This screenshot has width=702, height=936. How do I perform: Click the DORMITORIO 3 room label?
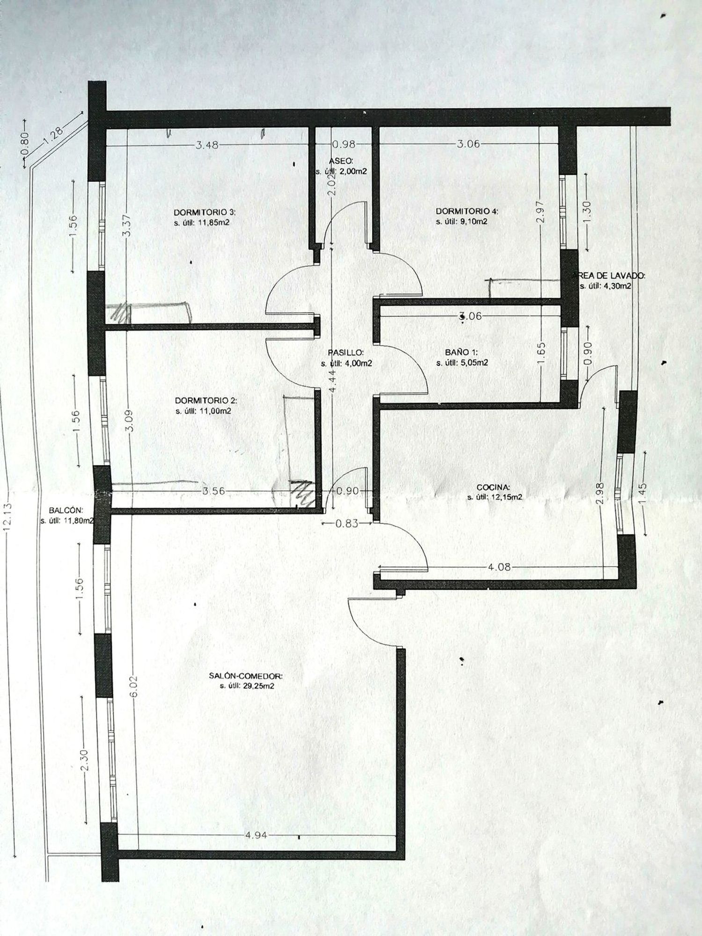pos(205,212)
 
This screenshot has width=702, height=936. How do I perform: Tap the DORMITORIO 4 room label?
pos(467,211)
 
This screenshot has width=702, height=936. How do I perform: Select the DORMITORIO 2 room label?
pos(206,401)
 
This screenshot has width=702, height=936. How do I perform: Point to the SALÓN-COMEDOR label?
pos(246,676)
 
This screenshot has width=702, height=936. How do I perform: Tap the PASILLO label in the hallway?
pos(346,353)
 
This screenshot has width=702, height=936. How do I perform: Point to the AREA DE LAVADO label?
pos(608,276)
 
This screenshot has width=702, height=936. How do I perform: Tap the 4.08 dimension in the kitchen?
pos(498,567)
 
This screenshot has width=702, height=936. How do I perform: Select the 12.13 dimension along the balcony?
pos(7,518)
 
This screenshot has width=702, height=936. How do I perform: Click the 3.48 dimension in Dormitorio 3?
pos(206,145)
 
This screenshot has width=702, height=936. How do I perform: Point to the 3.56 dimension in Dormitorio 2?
pos(213,491)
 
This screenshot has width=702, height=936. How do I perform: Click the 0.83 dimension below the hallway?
pos(347,523)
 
